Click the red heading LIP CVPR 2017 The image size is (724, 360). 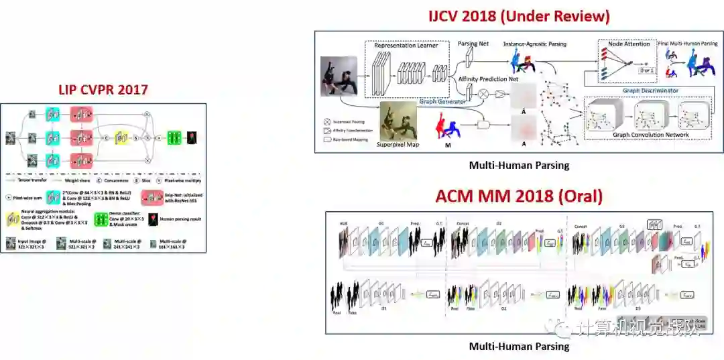point(103,89)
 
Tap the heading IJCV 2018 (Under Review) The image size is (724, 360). point(519,16)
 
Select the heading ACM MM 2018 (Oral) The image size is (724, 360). point(519,196)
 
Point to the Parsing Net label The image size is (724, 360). point(473,44)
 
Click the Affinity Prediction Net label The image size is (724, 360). point(488,79)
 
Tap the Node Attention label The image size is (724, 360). point(628,44)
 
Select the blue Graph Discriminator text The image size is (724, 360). point(650,91)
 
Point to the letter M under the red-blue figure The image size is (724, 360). point(448,144)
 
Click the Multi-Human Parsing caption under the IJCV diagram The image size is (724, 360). point(519,165)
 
